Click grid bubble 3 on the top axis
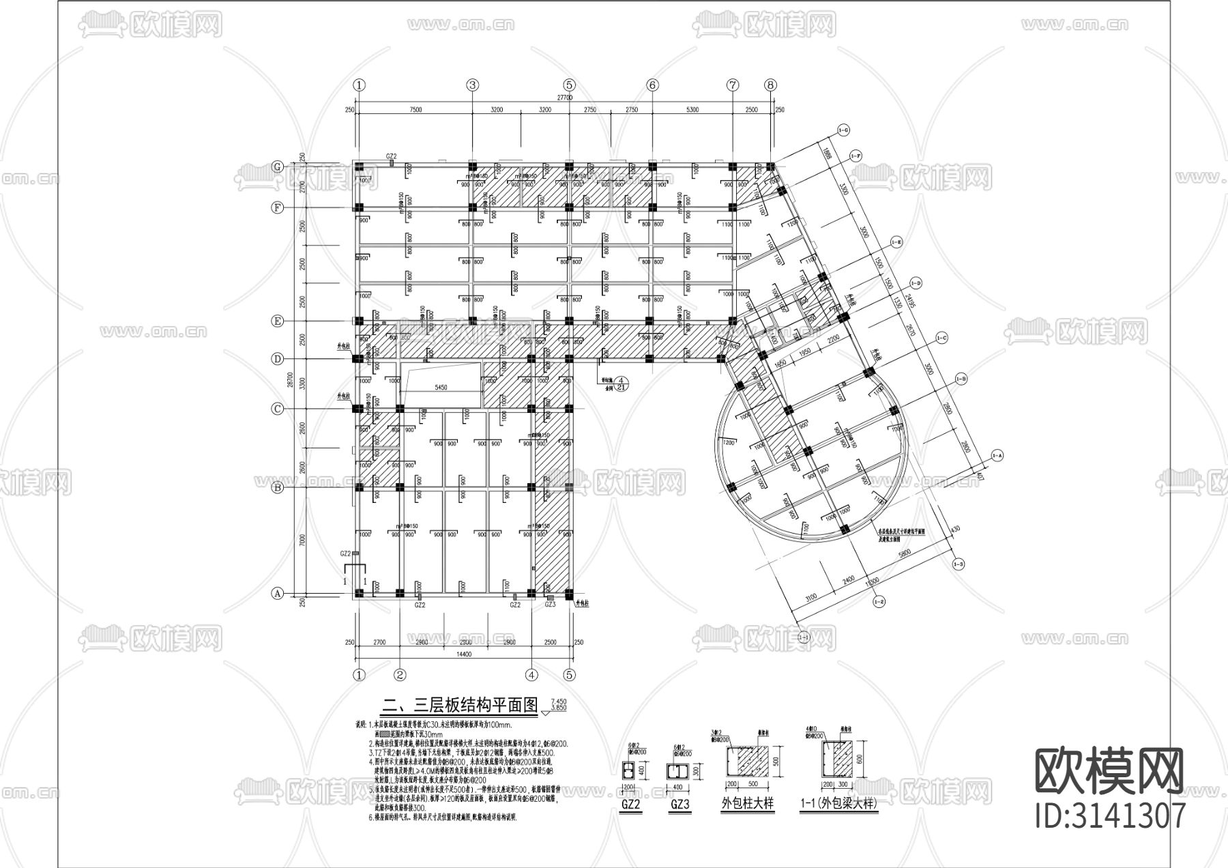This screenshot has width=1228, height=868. click(473, 85)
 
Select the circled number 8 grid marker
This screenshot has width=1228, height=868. click(770, 85)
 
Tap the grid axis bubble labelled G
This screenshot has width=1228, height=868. click(278, 167)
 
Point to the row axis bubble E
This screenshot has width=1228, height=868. click(278, 321)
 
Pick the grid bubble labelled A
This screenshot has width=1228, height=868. click(278, 593)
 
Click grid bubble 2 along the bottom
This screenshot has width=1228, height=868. click(400, 675)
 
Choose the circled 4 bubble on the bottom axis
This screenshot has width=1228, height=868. click(532, 675)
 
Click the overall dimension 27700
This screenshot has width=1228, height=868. click(564, 98)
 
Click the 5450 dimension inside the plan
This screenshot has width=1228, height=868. click(441, 388)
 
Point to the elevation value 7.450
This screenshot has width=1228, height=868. click(558, 701)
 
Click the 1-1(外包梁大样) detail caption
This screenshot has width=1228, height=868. click(838, 804)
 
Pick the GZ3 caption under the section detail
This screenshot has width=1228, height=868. click(681, 805)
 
